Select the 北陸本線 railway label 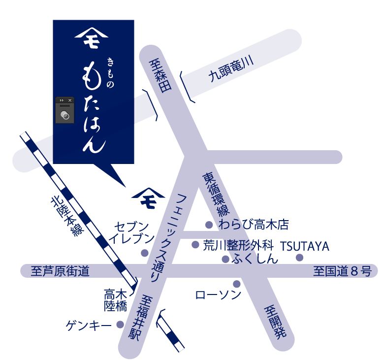click(65, 217)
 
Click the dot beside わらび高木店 click(209, 225)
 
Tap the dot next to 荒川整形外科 click(195, 244)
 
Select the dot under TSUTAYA click(299, 258)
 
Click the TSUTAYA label click(305, 246)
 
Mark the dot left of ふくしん click(225, 259)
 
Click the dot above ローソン click(236, 284)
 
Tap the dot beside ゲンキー click(120, 325)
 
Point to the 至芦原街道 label click(60, 271)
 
